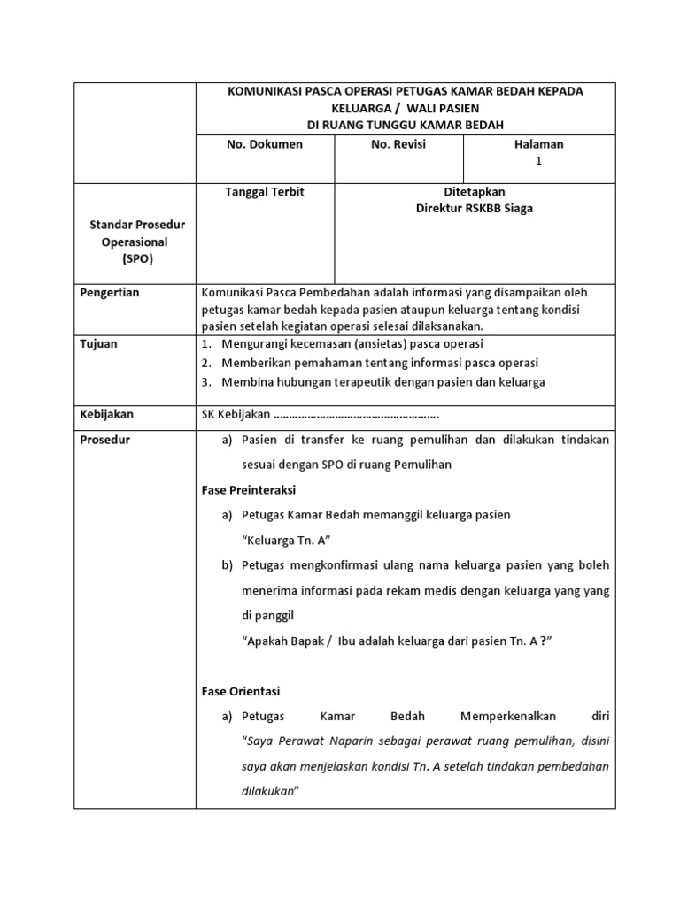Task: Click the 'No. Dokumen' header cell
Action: [x=265, y=144]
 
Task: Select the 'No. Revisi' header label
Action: [x=398, y=144]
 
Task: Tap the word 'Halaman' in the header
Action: [x=538, y=144]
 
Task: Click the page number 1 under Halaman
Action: [x=538, y=161]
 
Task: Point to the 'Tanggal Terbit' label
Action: [x=265, y=192]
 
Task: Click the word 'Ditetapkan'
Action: [x=475, y=192]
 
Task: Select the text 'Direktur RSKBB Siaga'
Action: [x=475, y=209]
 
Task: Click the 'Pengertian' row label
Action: [x=110, y=293]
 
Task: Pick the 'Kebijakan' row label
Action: [x=106, y=413]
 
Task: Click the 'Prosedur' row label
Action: [x=104, y=440]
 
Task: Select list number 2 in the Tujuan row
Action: [x=206, y=363]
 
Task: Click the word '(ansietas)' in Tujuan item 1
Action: [x=383, y=343]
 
